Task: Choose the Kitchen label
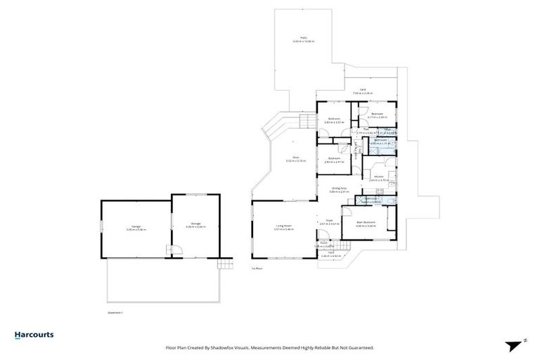[378, 178]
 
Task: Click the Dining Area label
[340, 189]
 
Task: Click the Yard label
[362, 91]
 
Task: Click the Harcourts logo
[34, 335]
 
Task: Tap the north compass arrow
[517, 345]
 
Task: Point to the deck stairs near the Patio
[308, 122]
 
